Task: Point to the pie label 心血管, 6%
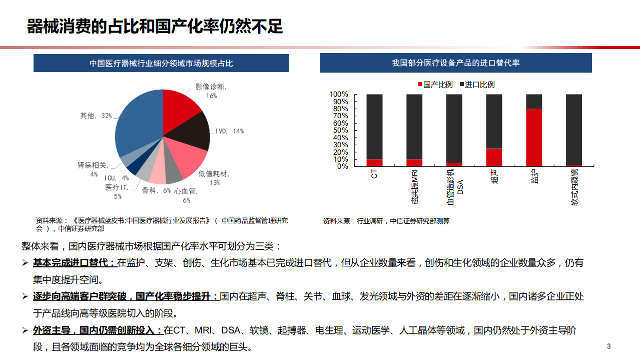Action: tap(186, 195)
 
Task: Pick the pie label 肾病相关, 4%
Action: tap(93, 169)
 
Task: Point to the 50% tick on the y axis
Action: tap(339, 130)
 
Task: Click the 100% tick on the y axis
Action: tap(339, 94)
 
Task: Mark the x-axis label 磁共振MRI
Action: tap(415, 186)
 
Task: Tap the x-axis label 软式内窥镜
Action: tap(574, 188)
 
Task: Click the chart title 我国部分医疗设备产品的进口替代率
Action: tap(455, 63)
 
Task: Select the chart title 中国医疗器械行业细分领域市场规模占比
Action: tap(161, 63)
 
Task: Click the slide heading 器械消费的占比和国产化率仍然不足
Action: tap(155, 27)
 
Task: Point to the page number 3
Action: tap(608, 346)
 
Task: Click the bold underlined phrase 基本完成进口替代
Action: tap(74, 263)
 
